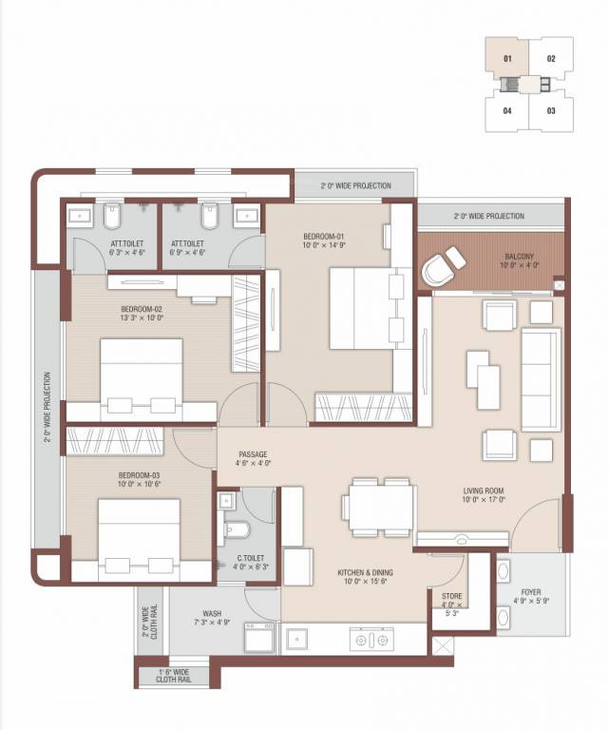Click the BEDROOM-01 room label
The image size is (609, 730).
coord(325,235)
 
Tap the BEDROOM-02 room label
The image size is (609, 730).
coord(143,309)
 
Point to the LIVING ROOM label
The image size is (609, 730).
coord(484,490)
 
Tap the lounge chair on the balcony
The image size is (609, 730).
coord(443,266)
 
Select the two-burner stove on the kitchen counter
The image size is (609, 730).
coord(369,640)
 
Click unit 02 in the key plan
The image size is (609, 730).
coord(551,59)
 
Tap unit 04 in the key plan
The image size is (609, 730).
coord(508,110)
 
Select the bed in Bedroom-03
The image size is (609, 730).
coord(139,534)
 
